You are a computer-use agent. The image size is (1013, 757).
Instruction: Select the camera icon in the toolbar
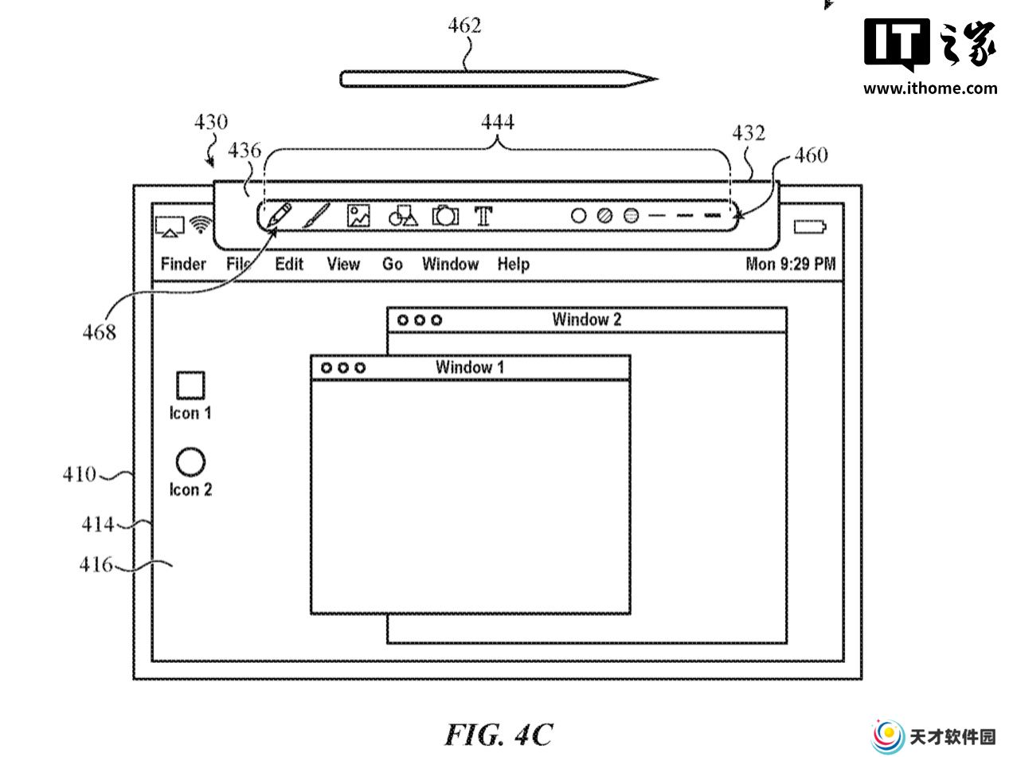[445, 216]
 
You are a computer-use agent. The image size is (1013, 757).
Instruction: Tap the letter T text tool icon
[483, 216]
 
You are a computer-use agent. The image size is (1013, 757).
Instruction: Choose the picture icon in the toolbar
[358, 216]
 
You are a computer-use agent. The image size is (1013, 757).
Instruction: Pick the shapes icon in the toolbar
[403, 216]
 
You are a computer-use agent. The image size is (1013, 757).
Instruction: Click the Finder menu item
[183, 264]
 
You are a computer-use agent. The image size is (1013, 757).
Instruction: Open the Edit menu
[289, 264]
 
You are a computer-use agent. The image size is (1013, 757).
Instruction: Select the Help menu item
[513, 265]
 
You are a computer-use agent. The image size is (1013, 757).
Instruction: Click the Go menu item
[393, 264]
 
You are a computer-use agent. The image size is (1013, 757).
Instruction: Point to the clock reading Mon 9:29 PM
[791, 264]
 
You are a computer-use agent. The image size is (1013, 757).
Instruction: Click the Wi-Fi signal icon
[201, 225]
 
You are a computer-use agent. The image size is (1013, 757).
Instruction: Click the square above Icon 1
[190, 385]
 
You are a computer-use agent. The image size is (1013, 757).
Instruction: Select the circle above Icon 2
[190, 461]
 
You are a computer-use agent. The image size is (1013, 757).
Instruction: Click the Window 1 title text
[469, 367]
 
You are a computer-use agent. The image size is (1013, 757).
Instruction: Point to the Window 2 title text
[587, 320]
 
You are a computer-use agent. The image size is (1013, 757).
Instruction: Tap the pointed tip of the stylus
[657, 79]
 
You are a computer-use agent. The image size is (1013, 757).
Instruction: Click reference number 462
[465, 25]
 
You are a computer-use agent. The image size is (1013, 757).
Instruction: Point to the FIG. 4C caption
[499, 735]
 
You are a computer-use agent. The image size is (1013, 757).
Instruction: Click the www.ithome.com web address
[930, 88]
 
